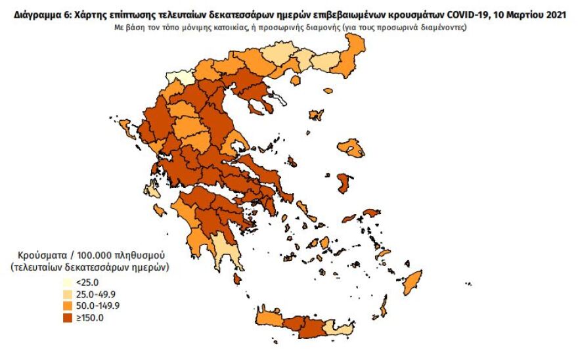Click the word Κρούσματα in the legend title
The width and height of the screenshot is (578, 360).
(37, 255)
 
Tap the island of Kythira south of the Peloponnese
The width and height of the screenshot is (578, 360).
(238, 279)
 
